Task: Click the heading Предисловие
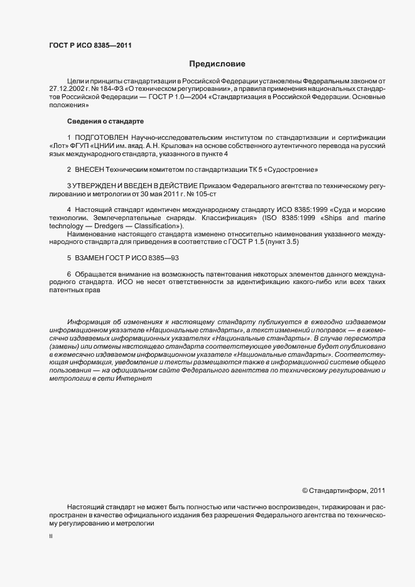pyautogui.click(x=218, y=64)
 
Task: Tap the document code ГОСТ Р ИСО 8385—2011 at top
pyautogui.click(x=90, y=45)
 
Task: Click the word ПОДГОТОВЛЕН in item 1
pyautogui.click(x=102, y=137)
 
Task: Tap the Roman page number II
pyautogui.click(x=51, y=537)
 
